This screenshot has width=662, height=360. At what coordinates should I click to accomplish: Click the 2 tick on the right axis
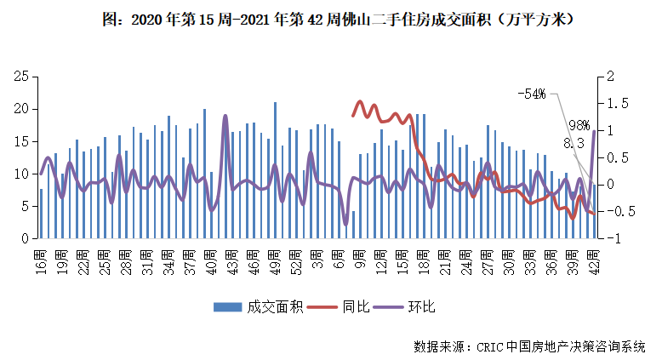tap(603, 77)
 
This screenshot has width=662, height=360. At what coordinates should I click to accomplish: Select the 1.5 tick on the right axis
tap(608, 103)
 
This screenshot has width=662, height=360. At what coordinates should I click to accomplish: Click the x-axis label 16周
tap(41, 256)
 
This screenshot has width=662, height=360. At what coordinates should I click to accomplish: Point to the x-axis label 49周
tap(275, 256)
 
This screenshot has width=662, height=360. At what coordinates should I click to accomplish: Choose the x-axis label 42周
tap(593, 256)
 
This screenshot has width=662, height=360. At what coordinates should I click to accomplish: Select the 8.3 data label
tap(574, 144)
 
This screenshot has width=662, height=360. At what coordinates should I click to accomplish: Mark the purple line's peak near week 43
tap(225, 116)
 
